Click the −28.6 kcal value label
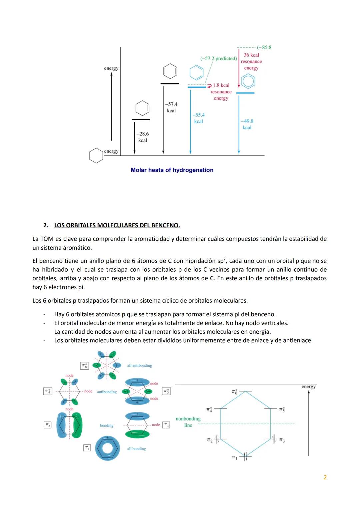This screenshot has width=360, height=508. click(x=143, y=137)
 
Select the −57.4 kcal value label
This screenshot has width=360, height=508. click(x=171, y=107)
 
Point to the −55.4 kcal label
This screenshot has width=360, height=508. click(x=198, y=118)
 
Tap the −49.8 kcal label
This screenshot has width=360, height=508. click(x=247, y=124)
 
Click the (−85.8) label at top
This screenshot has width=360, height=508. click(x=264, y=47)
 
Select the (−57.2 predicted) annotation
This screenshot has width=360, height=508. click(x=218, y=58)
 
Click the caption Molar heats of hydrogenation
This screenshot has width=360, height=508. click(x=172, y=170)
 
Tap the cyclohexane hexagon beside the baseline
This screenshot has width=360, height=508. click(x=96, y=155)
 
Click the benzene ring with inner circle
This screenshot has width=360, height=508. click(x=248, y=81)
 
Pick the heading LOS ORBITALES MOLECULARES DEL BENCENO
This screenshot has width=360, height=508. click(x=117, y=225)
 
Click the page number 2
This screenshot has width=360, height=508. click(x=325, y=477)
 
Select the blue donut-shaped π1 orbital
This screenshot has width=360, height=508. click(x=107, y=448)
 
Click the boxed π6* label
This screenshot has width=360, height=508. click(x=85, y=366)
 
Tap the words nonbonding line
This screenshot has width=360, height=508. click(x=188, y=422)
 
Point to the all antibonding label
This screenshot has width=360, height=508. click(x=139, y=366)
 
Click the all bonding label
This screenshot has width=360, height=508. click(x=136, y=449)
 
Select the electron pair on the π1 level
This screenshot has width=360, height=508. click(x=245, y=457)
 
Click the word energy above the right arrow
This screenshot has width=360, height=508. click(x=308, y=387)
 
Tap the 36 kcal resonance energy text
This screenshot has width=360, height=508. click(x=251, y=61)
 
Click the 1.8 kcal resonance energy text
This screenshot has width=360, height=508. click(x=221, y=92)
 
